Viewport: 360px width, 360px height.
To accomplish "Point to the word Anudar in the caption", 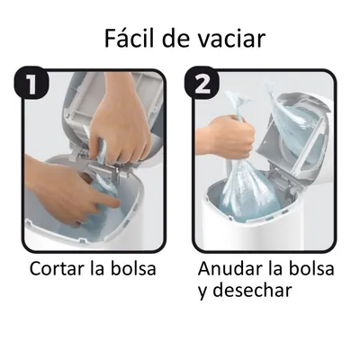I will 226,268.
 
